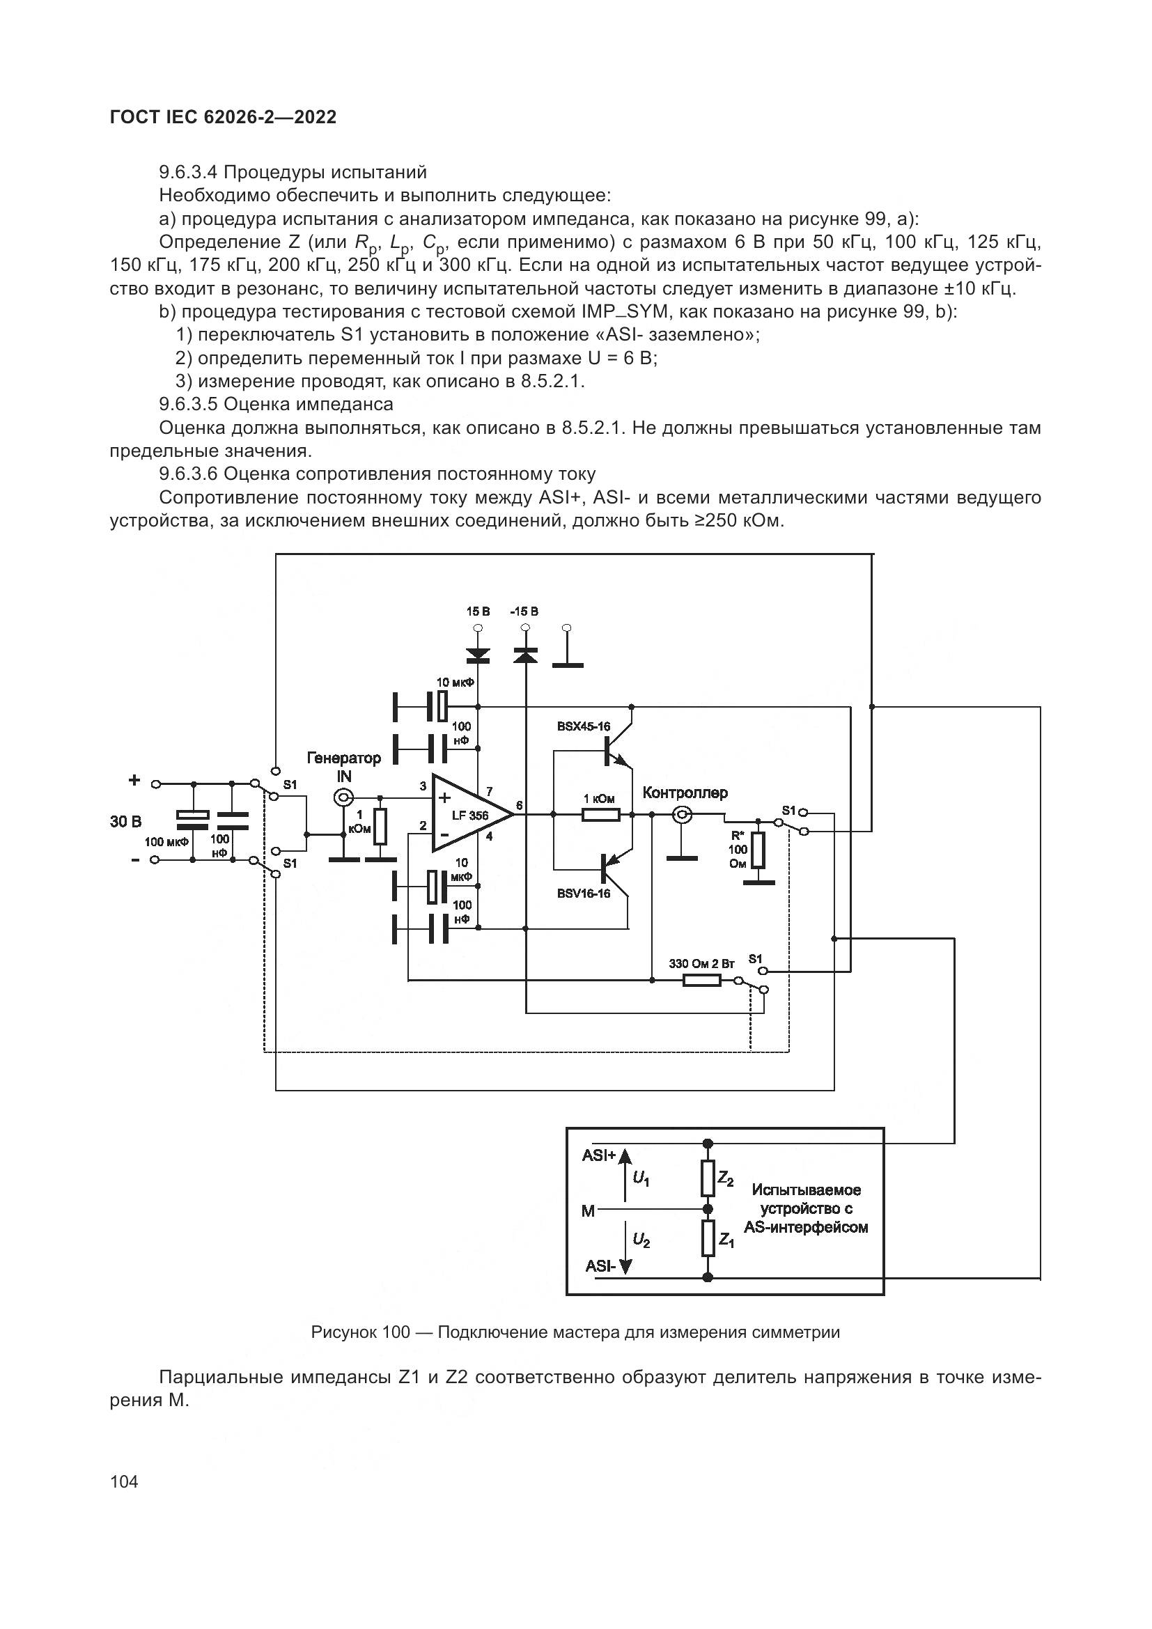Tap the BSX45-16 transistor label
click(x=583, y=726)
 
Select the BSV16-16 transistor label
click(x=583, y=894)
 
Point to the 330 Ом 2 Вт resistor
click(x=701, y=981)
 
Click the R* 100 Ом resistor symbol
click(x=758, y=849)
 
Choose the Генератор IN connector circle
click(x=343, y=798)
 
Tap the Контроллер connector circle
click(x=682, y=815)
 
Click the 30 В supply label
click(x=125, y=822)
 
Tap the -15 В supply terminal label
click(x=524, y=611)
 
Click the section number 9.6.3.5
click(x=189, y=405)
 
